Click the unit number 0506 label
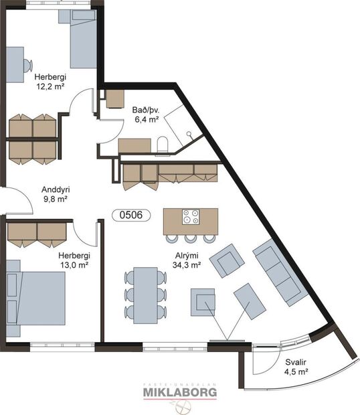pyautogui.click(x=131, y=215)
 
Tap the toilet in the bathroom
pyautogui.click(x=163, y=145)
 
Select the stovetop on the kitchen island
pyautogui.click(x=191, y=217)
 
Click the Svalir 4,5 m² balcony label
pyautogui.click(x=296, y=367)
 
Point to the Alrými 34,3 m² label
pyautogui.click(x=187, y=260)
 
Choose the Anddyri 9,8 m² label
pyautogui.click(x=56, y=194)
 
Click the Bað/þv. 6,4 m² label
pyautogui.click(x=147, y=114)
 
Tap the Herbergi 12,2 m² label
pyautogui.click(x=50, y=82)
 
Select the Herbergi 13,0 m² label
pyautogui.click(x=74, y=260)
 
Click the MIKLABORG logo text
pyautogui.click(x=180, y=392)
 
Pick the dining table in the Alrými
pyautogui.click(x=145, y=295)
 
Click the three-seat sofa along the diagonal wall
pyautogui.click(x=280, y=273)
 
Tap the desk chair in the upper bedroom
pyautogui.click(x=28, y=66)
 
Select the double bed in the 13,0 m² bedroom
pyautogui.click(x=35, y=299)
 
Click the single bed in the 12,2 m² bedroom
pyautogui.click(x=82, y=39)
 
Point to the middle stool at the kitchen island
pyautogui.click(x=191, y=238)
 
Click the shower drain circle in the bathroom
pyautogui.click(x=189, y=134)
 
